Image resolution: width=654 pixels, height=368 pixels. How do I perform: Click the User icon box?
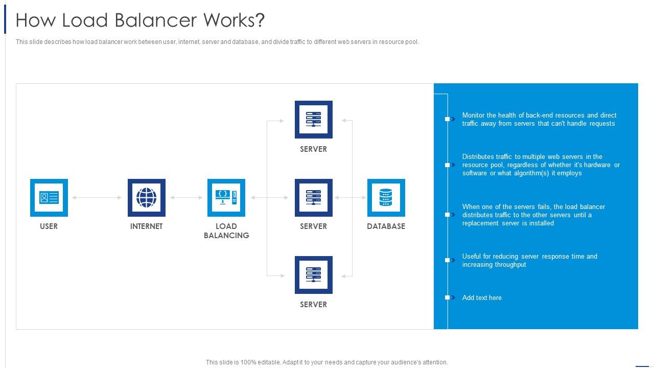(x=49, y=198)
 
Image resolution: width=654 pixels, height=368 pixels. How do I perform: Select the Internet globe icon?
(x=147, y=198)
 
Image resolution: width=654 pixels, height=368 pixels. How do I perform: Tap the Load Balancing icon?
(x=226, y=198)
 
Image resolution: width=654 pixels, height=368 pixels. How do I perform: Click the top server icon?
(x=314, y=120)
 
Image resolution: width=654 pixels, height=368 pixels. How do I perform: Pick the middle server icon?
(x=314, y=198)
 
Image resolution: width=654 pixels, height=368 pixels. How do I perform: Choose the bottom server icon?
(x=314, y=275)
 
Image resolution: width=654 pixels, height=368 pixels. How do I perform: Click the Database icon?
(x=386, y=198)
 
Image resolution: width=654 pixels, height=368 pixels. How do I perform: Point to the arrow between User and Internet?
(x=97, y=198)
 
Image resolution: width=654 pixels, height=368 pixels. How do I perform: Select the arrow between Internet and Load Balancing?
(x=186, y=198)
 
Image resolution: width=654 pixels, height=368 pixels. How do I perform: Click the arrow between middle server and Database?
(x=350, y=198)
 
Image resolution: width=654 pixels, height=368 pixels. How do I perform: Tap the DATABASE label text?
(x=386, y=226)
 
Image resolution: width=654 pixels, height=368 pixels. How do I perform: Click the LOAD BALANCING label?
(x=226, y=231)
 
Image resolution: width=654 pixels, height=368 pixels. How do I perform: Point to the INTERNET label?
(x=146, y=226)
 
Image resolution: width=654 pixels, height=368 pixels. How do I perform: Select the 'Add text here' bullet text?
(x=482, y=298)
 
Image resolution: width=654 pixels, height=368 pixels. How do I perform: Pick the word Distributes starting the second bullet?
(x=480, y=157)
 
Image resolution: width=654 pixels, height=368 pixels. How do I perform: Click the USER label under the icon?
(x=49, y=226)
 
